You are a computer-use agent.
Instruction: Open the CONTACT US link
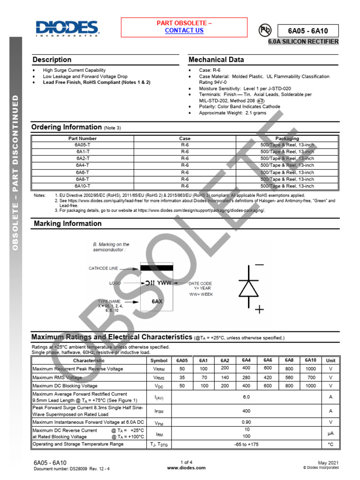coord(184,30)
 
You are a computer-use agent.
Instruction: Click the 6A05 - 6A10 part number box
coord(307,31)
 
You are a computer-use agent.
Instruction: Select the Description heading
coord(52,60)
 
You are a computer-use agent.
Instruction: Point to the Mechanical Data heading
coord(216,60)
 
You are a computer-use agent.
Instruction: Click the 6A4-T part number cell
coord(82,165)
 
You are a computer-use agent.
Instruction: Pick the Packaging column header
coord(287,139)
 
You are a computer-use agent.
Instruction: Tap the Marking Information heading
coord(67,224)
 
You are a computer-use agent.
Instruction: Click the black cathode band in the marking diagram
coord(157,268)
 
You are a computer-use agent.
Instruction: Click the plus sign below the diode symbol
coord(259,309)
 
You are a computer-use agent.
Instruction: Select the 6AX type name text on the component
coord(157,301)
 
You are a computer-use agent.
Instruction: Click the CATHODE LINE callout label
coord(104,269)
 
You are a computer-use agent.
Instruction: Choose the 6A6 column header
coord(268,360)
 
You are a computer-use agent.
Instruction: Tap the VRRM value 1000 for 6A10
coord(310,369)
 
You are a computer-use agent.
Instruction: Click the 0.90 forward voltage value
coord(246,422)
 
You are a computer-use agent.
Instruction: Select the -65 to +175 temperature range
coord(246,444)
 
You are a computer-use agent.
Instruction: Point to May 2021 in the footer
coord(328,463)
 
